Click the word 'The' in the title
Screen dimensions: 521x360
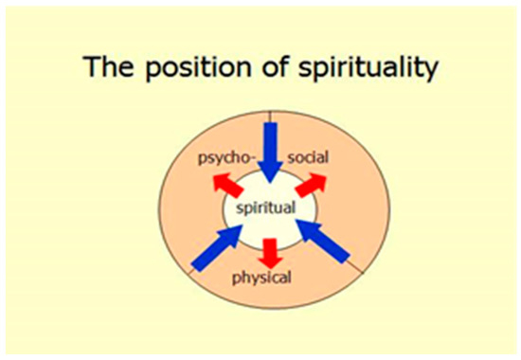108,65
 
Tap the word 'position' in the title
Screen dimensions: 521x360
198,68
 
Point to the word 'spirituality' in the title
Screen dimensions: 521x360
368,67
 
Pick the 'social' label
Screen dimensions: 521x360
309,156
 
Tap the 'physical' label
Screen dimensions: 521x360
261,278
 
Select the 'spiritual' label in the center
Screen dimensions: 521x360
265,207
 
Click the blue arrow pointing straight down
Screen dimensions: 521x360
271,153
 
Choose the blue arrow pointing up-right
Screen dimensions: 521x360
218,247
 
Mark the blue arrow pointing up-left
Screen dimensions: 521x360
323,242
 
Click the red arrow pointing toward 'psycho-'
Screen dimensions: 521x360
228,185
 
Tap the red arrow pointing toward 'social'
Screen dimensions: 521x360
311,185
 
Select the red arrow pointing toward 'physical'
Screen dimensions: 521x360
271,253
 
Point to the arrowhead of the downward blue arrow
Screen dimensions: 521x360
271,171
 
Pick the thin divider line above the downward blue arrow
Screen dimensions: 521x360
271,117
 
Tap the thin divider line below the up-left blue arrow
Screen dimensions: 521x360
191,271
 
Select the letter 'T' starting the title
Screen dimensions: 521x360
91,65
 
